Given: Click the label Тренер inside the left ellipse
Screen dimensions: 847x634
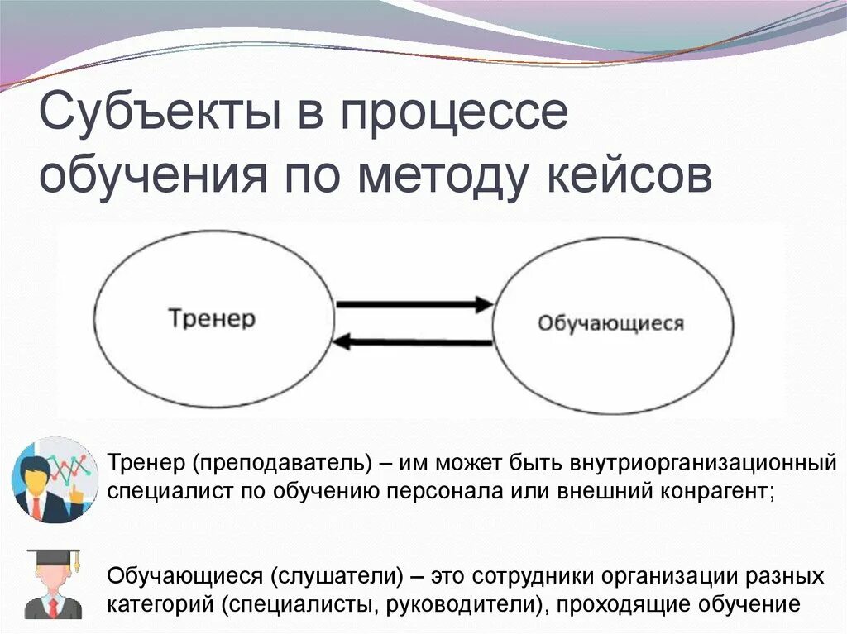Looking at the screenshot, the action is pyautogui.click(x=213, y=318).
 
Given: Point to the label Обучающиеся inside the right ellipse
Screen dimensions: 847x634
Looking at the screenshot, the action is pyautogui.click(x=611, y=322).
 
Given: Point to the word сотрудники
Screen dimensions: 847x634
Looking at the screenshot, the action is pyautogui.click(x=543, y=574).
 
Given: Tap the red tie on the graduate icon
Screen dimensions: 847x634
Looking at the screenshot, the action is pyautogui.click(x=53, y=608).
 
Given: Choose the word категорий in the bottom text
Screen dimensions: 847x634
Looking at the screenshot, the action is pyautogui.click(x=160, y=603).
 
